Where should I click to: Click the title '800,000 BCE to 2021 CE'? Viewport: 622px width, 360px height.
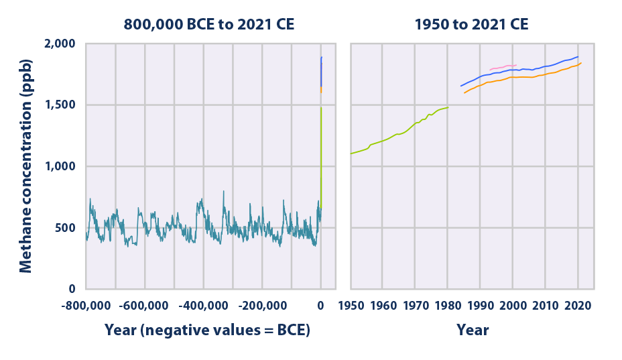point(208,25)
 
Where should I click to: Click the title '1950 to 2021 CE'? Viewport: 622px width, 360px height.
point(471,25)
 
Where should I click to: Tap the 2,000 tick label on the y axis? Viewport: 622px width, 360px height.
point(60,44)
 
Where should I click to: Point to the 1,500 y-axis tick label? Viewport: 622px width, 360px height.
point(60,105)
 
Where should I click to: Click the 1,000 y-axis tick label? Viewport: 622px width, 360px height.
point(60,166)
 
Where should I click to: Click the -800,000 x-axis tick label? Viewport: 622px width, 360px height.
point(84,306)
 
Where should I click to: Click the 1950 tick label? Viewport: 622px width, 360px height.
point(351,306)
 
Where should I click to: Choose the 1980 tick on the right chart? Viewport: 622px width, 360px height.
point(448,306)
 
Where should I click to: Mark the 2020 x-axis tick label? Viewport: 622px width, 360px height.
point(578,306)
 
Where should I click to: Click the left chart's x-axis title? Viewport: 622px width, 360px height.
point(207,331)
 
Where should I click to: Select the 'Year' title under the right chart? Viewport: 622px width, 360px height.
point(473,331)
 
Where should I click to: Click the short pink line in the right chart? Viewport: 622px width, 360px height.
point(503,67)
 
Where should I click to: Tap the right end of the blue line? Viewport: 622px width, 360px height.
point(578,57)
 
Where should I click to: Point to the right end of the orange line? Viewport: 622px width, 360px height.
point(581,63)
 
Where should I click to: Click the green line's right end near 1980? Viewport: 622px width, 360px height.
point(448,107)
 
